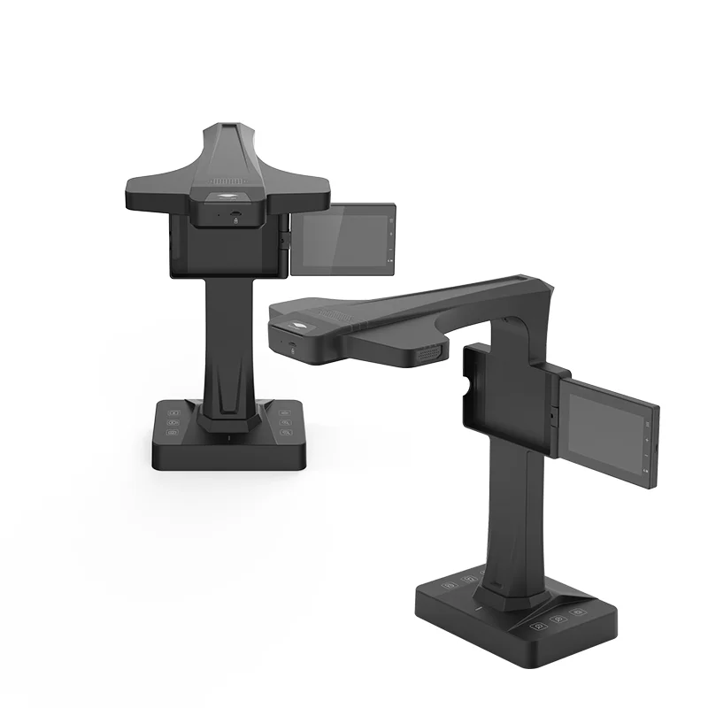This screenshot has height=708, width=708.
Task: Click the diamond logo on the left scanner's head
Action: pyautogui.click(x=229, y=197)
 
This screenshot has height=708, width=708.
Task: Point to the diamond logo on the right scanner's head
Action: pyautogui.click(x=304, y=325)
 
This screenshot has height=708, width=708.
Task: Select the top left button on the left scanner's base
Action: pyautogui.click(x=174, y=412)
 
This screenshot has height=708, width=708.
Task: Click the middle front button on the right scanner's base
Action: pyautogui.click(x=558, y=619)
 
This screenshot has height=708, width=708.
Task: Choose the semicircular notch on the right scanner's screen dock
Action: pyautogui.click(x=466, y=389)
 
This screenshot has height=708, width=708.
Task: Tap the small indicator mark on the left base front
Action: pyautogui.click(x=228, y=439)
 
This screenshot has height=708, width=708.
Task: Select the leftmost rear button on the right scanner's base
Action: pyautogui.click(x=450, y=585)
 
